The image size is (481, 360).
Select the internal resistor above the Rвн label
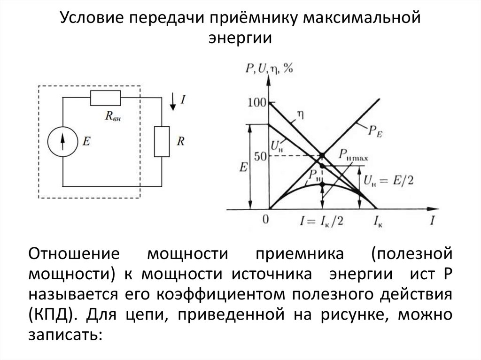click(x=106, y=98)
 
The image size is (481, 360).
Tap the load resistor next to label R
click(x=162, y=141)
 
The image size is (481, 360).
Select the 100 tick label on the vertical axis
click(x=256, y=102)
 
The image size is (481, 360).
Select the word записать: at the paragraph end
click(x=65, y=335)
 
